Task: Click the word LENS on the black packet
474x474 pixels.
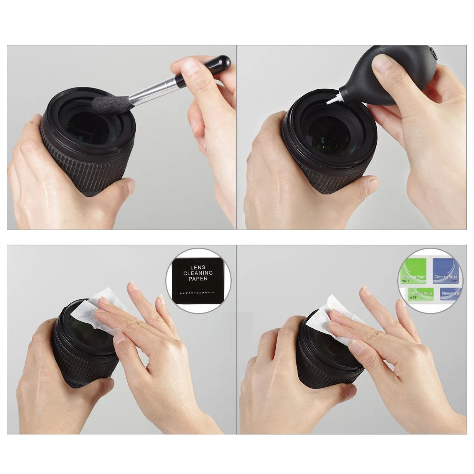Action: click(198, 267)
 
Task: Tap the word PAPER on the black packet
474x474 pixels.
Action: click(198, 279)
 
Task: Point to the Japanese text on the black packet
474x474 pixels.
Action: click(198, 293)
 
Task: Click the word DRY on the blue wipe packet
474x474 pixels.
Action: click(454, 281)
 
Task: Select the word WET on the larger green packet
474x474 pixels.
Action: click(406, 281)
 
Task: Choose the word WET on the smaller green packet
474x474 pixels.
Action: click(413, 298)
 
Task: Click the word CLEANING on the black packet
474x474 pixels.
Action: click(198, 273)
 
